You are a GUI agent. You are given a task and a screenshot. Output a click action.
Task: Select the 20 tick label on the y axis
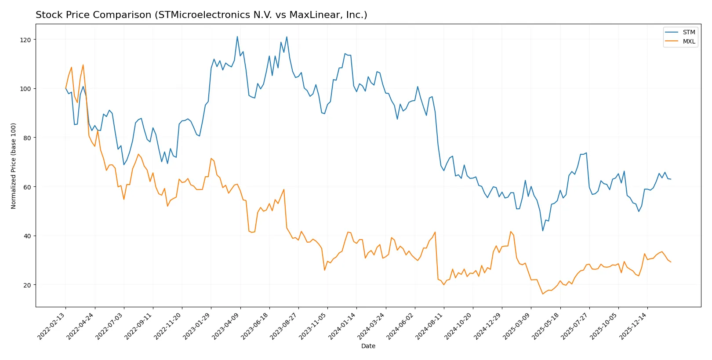(x=27, y=285)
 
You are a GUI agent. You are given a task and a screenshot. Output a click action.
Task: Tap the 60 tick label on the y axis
(x=27, y=187)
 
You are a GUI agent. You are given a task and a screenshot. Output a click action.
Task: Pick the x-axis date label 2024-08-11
(x=430, y=326)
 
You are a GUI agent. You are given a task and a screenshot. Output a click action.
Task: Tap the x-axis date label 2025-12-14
(x=634, y=326)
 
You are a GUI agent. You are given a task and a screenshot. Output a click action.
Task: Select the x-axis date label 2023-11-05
(x=314, y=326)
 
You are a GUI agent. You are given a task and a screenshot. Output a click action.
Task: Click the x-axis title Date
(x=368, y=346)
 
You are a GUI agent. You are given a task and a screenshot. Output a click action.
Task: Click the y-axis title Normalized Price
(x=14, y=166)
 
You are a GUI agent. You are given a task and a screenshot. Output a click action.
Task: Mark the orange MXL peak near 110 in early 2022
(x=83, y=65)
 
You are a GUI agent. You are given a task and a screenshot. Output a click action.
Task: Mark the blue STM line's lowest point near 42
(x=543, y=231)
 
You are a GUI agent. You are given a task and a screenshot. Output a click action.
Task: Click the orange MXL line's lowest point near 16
(x=543, y=294)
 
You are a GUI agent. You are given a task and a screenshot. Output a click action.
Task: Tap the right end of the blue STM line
(x=671, y=179)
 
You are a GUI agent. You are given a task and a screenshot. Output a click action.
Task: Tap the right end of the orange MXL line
(x=671, y=262)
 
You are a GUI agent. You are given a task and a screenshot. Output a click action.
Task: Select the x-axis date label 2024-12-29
(x=488, y=326)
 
